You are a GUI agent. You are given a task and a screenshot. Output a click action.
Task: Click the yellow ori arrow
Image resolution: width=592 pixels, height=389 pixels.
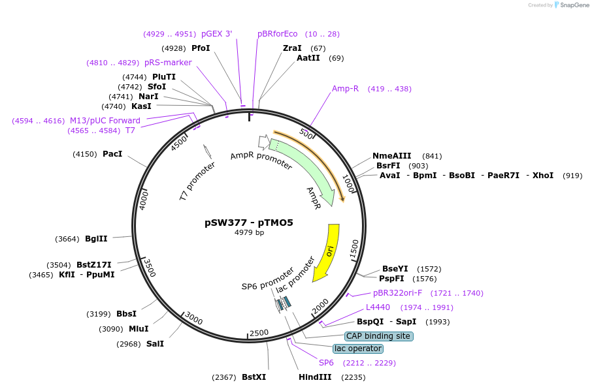pyautogui.click(x=327, y=252)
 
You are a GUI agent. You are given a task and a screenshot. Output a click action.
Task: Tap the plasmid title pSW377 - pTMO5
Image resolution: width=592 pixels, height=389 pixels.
pyautogui.click(x=249, y=223)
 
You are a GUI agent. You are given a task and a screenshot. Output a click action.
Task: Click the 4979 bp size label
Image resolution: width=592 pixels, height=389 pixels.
pyautogui.click(x=249, y=232)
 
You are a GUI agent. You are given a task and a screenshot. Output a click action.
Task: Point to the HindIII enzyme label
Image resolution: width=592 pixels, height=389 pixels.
pyautogui.click(x=315, y=377)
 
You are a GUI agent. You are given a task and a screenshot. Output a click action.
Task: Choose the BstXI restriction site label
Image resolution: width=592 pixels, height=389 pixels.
pyautogui.click(x=254, y=377)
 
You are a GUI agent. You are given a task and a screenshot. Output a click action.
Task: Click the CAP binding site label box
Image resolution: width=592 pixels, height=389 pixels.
pyautogui.click(x=378, y=336)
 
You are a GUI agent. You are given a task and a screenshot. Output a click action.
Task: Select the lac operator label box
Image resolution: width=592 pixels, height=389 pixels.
pyautogui.click(x=357, y=349)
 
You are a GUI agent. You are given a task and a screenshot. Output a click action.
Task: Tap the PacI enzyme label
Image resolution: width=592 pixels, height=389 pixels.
pyautogui.click(x=112, y=154)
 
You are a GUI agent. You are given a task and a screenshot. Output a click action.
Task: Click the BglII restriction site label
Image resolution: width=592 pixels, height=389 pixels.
pyautogui.click(x=96, y=239)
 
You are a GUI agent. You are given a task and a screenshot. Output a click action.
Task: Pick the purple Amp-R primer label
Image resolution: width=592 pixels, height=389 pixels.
pyautogui.click(x=345, y=89)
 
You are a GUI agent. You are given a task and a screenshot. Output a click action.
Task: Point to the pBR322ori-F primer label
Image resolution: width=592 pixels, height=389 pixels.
pyautogui.click(x=397, y=293)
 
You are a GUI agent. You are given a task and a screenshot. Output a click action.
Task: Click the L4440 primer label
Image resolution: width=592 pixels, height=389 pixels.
pyautogui.click(x=378, y=307)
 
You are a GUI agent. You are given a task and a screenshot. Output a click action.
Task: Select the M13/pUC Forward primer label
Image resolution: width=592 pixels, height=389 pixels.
pyautogui.click(x=105, y=121)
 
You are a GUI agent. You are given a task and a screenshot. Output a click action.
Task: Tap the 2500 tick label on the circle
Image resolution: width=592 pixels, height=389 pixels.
pyautogui.click(x=259, y=333)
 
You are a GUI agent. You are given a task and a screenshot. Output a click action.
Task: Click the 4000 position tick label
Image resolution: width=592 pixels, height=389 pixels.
pyautogui.click(x=144, y=200)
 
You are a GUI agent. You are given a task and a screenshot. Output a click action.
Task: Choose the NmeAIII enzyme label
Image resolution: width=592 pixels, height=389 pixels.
pyautogui.click(x=392, y=156)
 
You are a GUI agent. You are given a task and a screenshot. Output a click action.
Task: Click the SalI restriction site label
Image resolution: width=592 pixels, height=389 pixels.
pyautogui.click(x=155, y=344)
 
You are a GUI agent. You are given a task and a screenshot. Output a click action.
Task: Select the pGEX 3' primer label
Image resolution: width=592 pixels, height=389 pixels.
pyautogui.click(x=216, y=34)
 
